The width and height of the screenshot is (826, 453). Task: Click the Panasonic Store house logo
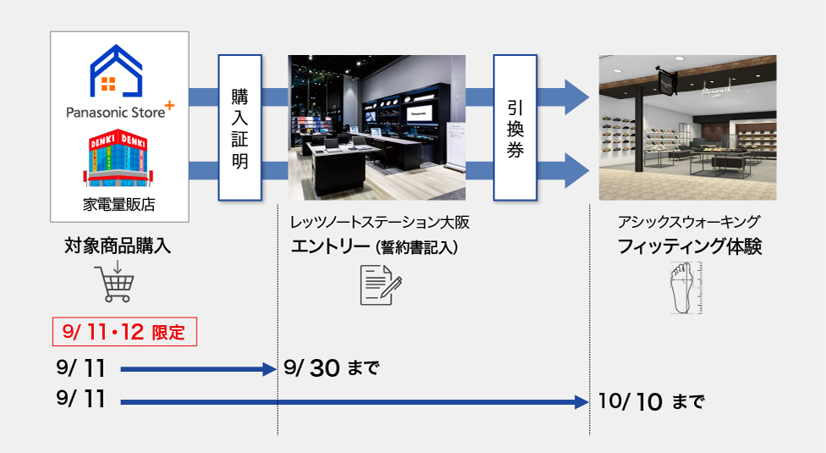[x=116, y=71]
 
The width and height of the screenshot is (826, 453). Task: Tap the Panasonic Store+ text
[x=120, y=111]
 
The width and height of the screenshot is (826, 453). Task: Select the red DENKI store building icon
[x=118, y=158]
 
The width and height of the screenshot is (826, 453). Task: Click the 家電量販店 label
[x=119, y=204]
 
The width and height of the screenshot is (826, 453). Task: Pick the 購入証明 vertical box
[x=240, y=128]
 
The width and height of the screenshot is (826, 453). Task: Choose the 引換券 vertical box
[x=515, y=128]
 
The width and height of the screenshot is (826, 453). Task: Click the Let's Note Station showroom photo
[x=377, y=128]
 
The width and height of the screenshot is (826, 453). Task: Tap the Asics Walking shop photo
[x=687, y=128]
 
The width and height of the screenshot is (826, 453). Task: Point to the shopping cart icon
[x=114, y=282]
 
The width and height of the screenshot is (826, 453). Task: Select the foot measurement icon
[x=686, y=288]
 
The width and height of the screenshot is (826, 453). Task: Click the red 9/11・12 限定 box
[x=125, y=332]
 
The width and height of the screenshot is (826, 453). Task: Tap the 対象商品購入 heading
[x=118, y=246]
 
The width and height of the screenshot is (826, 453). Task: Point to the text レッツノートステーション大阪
[x=380, y=223]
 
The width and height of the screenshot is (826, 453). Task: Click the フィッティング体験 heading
[x=690, y=246]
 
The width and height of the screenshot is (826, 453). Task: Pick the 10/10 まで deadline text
[x=651, y=402]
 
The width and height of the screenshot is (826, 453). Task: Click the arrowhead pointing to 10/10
[x=582, y=402]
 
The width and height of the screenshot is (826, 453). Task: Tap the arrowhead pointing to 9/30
[x=270, y=369]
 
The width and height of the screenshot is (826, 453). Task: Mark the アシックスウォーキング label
[x=689, y=223]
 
